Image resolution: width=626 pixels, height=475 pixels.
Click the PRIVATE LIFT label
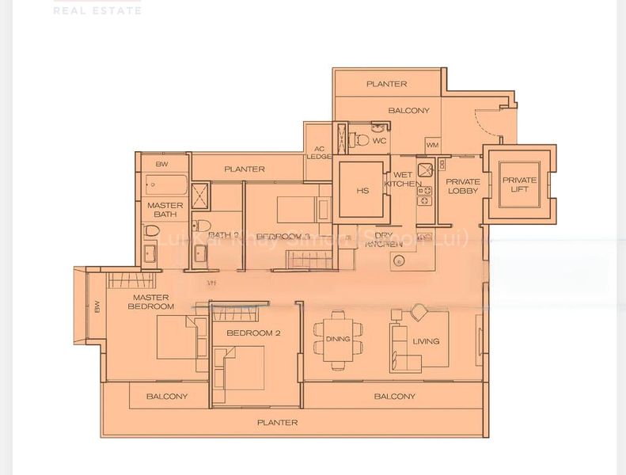click(x=519, y=185)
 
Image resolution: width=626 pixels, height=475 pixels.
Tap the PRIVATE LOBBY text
click(x=463, y=186)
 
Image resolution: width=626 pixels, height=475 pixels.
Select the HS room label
click(x=362, y=191)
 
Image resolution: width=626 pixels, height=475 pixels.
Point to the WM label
click(x=432, y=145)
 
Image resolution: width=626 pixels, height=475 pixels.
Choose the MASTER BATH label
click(x=165, y=210)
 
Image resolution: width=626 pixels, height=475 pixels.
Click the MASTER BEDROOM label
click(x=151, y=302)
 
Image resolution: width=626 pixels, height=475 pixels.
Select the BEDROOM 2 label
click(x=253, y=333)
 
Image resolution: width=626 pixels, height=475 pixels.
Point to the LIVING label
click(x=425, y=342)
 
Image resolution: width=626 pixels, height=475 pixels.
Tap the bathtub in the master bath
click(x=166, y=185)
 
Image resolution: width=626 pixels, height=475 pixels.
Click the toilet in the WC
click(x=360, y=140)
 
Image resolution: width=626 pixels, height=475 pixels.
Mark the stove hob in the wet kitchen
click(x=423, y=190)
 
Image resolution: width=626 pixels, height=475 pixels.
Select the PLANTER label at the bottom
click(x=277, y=423)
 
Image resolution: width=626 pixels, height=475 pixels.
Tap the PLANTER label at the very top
click(x=386, y=84)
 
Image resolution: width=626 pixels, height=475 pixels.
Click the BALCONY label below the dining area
click(x=394, y=397)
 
